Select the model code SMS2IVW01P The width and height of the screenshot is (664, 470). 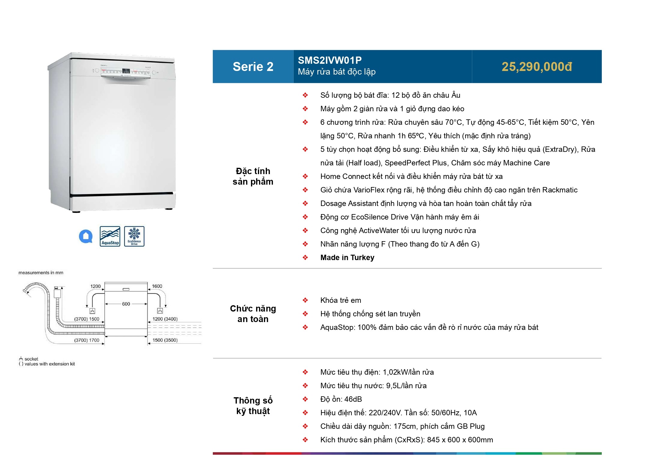[x=330, y=60]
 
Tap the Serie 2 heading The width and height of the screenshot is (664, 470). [x=253, y=67]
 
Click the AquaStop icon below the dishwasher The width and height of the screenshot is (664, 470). [x=110, y=236]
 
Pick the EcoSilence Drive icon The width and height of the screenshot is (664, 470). [x=134, y=236]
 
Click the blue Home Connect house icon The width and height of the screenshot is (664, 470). [x=86, y=236]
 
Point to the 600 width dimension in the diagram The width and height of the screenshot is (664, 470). [x=126, y=304]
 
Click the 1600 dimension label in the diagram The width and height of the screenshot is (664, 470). [x=157, y=286]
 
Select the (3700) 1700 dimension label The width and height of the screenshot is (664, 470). [x=87, y=340]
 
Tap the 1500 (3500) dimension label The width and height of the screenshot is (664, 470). [x=165, y=340]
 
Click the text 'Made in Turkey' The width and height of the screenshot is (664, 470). [x=347, y=258]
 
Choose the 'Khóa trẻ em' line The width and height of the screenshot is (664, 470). [x=341, y=300]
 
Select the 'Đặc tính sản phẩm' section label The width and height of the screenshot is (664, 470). [x=253, y=177]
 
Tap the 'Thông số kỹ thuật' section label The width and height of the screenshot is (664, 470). [x=253, y=406]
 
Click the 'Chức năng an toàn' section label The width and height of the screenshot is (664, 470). [x=253, y=314]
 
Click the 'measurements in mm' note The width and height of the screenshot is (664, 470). [x=41, y=273]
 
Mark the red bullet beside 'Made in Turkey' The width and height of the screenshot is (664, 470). [x=305, y=258]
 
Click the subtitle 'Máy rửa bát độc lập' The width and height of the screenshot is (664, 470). [x=337, y=72]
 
